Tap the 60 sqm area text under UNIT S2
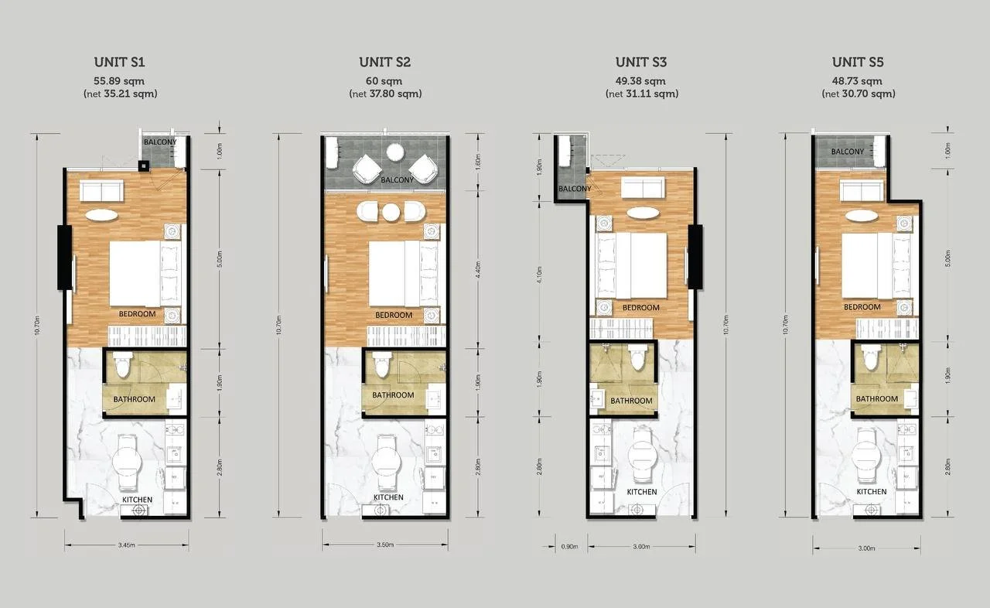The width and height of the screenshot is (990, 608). tap(384, 80)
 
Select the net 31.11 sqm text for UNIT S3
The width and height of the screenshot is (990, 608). tap(641, 94)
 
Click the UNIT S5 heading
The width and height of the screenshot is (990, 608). tap(858, 63)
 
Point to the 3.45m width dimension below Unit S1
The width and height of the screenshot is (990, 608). tap(126, 545)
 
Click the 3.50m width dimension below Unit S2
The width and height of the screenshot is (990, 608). tap(384, 545)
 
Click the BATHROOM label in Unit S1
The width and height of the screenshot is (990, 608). tap(134, 400)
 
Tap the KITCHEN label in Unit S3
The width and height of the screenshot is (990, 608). tap(641, 492)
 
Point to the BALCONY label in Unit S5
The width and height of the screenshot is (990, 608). tap(848, 152)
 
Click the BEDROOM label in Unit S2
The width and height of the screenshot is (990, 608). tap(394, 316)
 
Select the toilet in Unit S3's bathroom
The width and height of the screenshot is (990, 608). tap(638, 359)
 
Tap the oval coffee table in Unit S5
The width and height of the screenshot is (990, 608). tap(861, 214)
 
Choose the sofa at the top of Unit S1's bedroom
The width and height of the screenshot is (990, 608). tap(101, 191)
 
